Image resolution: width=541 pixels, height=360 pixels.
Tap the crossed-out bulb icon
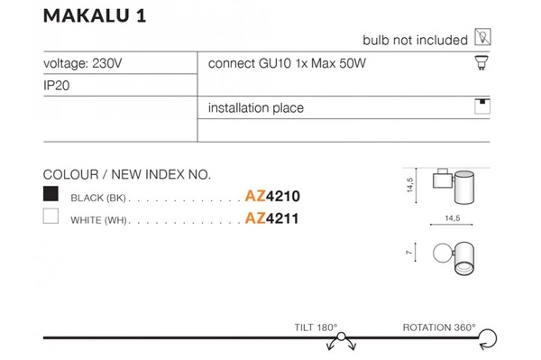coord(482,38)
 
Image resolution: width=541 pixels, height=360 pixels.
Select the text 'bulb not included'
coord(415,40)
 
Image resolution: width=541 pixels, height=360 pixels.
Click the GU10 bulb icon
coord(482,63)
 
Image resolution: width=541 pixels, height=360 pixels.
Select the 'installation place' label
coord(256,108)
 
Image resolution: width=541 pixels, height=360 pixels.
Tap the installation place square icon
coord(482,106)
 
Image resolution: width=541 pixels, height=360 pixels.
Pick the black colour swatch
coord(51,194)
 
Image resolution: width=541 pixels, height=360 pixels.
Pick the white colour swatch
coord(51,217)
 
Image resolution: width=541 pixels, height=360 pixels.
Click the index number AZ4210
coord(271,196)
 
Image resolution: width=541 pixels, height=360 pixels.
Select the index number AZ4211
coord(271,218)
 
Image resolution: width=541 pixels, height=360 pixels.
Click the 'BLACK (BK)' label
coord(100,197)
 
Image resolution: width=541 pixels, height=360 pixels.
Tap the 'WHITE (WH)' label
coord(100,219)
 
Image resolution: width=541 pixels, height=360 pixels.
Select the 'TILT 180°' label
coord(316,328)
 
